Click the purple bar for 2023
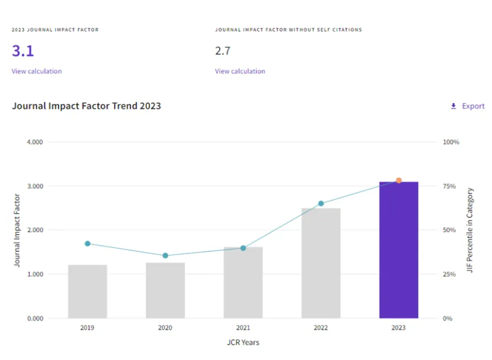tap(398, 250)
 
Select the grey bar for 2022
tap(320, 263)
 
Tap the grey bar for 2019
tap(87, 291)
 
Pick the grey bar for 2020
tap(165, 290)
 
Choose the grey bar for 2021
tap(243, 283)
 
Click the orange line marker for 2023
tap(399, 180)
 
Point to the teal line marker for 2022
tap(321, 203)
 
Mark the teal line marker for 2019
tap(87, 243)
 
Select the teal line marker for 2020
tap(165, 256)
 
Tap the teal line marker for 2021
tap(243, 248)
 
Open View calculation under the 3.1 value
tap(36, 71)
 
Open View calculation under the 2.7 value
tap(240, 71)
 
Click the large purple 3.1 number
tap(23, 51)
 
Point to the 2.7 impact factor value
tap(222, 51)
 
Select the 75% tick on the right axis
tap(451, 186)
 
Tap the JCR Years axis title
tap(243, 342)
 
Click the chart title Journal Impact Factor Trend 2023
tap(86, 106)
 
